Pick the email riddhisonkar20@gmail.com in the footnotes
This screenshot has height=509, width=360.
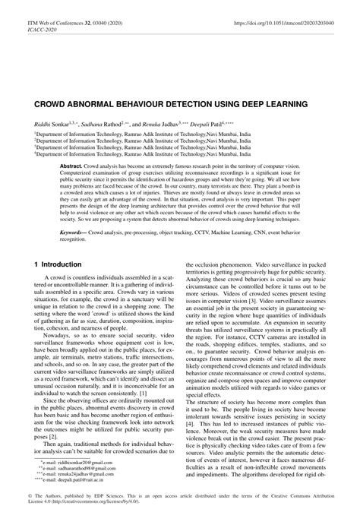[74, 462]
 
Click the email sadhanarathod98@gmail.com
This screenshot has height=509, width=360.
[78, 468]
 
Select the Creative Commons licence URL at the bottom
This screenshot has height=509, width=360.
[106, 500]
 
